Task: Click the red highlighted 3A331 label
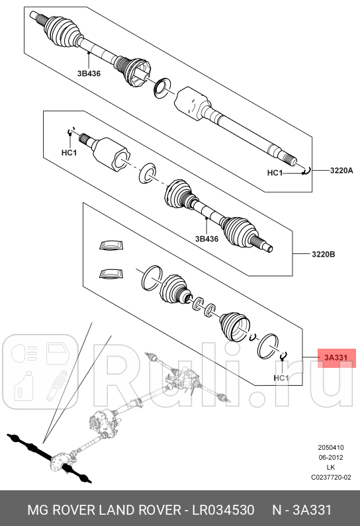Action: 336,358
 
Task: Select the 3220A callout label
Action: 341,171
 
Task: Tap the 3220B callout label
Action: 324,253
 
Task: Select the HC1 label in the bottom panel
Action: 281,378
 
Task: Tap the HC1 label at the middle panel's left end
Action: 69,153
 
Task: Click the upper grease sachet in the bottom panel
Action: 111,246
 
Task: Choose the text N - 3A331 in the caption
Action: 303,510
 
